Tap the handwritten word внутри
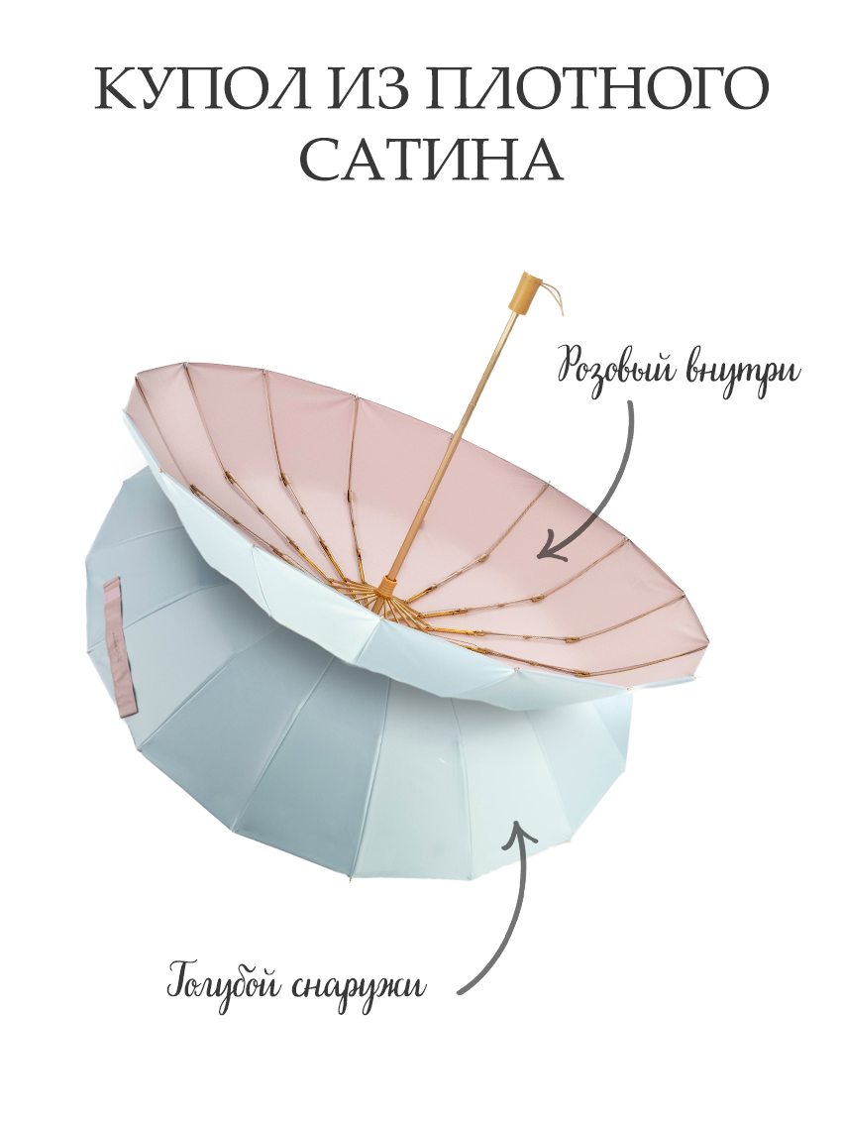742,372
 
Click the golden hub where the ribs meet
385,585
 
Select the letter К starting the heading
116,91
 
